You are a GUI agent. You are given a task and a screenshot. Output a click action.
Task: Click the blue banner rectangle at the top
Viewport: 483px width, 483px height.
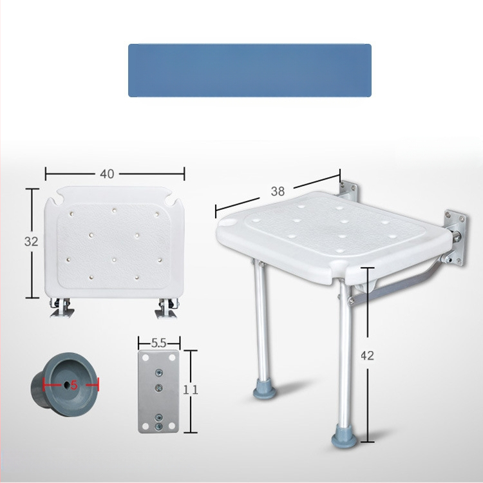click(x=250, y=70)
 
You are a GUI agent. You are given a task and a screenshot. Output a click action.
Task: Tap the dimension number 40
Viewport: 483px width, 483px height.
click(x=107, y=174)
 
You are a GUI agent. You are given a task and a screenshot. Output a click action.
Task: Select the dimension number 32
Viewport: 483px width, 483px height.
click(x=31, y=241)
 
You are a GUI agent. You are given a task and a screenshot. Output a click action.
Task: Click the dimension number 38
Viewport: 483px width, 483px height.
click(x=278, y=191)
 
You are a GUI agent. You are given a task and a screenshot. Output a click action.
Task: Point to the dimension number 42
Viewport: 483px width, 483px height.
click(x=367, y=355)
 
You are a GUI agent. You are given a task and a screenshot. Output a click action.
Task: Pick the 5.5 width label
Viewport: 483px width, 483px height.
click(x=158, y=343)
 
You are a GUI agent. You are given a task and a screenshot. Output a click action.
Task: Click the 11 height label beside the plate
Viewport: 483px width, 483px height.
click(x=191, y=390)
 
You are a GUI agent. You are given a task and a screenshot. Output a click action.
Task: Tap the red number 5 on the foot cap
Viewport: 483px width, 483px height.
click(x=74, y=385)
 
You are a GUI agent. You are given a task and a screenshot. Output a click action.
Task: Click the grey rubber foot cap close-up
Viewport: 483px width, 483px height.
click(x=64, y=384)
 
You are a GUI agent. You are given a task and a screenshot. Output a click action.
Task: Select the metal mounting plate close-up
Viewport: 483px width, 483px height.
click(x=158, y=392)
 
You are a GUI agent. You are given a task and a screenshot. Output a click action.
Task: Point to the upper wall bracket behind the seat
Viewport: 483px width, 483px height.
click(x=348, y=191)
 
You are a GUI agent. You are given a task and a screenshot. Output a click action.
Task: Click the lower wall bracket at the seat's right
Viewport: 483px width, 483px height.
click(x=455, y=238)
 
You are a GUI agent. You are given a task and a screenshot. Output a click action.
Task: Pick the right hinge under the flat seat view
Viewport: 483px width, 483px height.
click(x=166, y=308)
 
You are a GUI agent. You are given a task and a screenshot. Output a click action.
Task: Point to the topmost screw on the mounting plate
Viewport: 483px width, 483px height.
click(x=158, y=373)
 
